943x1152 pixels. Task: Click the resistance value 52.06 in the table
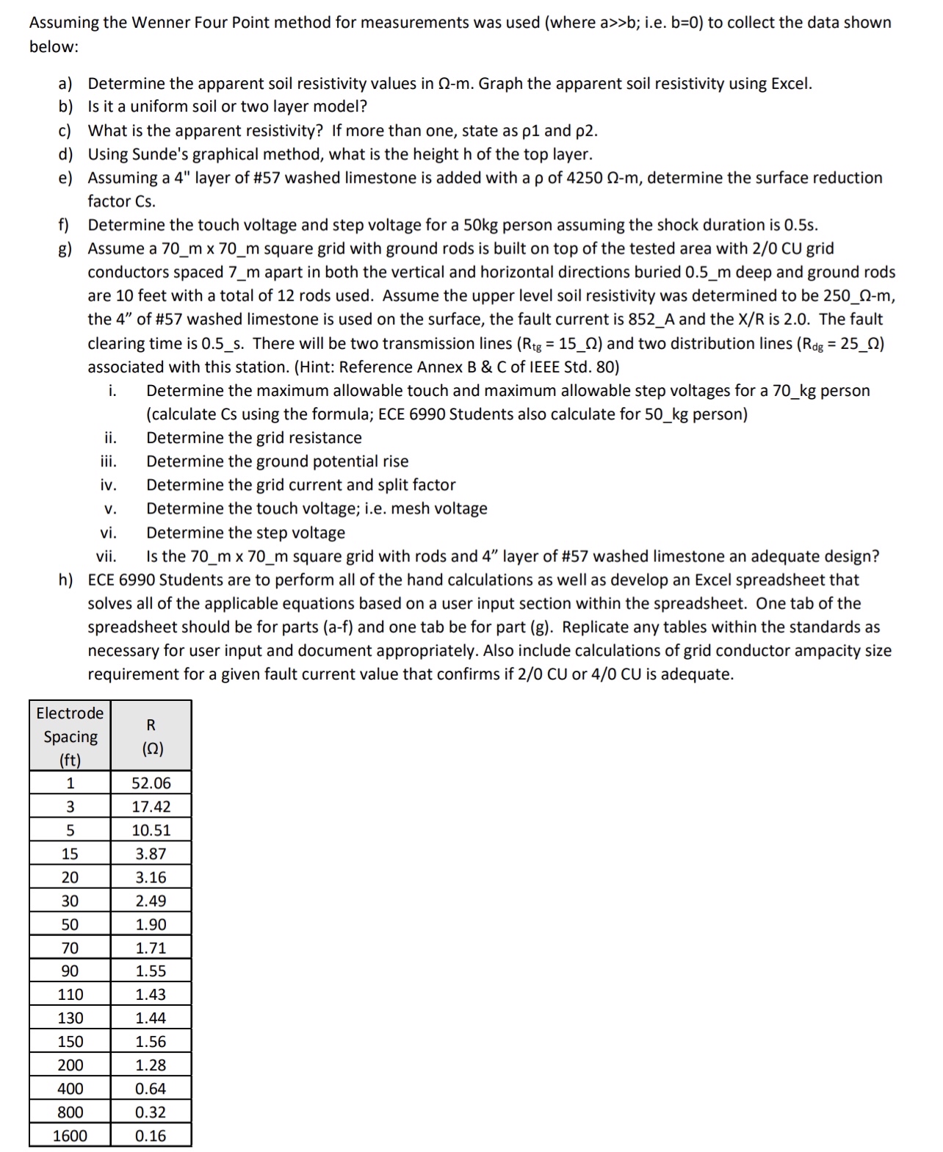[x=151, y=783]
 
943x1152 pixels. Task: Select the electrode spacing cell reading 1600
[x=70, y=1136]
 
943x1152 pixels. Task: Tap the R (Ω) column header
[x=151, y=736]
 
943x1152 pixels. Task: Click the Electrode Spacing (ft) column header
[x=70, y=736]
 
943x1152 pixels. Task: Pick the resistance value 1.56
[x=151, y=1042]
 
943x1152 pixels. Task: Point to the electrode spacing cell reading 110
[x=70, y=995]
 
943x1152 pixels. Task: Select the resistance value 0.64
[x=151, y=1089]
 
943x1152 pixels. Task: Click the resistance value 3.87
[x=151, y=854]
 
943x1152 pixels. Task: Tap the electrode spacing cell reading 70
[x=70, y=948]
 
